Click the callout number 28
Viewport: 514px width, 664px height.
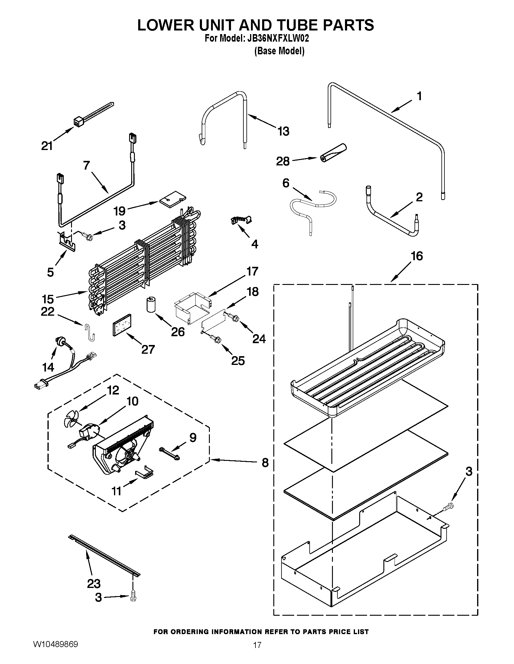click(x=282, y=161)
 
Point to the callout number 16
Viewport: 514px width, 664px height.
click(x=417, y=256)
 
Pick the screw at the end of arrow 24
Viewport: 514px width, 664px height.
click(x=235, y=318)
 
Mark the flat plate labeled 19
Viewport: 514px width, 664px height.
click(x=172, y=199)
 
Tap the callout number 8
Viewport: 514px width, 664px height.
click(x=265, y=463)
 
